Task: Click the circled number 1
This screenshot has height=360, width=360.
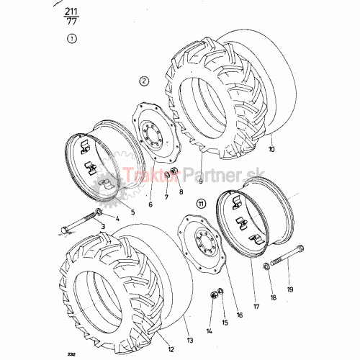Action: [x=72, y=39]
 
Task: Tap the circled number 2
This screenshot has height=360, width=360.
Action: [x=144, y=81]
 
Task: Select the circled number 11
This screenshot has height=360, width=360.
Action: [x=201, y=204]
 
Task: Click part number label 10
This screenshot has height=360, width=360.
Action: [x=271, y=149]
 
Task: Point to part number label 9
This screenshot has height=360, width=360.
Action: [x=201, y=181]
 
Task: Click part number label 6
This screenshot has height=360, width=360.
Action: [x=150, y=204]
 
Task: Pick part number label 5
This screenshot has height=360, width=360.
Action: [x=132, y=212]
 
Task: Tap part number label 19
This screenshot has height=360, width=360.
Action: [x=290, y=289]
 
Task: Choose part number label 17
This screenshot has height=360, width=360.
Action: [x=256, y=307]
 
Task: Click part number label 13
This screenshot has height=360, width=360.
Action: [x=190, y=341]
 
